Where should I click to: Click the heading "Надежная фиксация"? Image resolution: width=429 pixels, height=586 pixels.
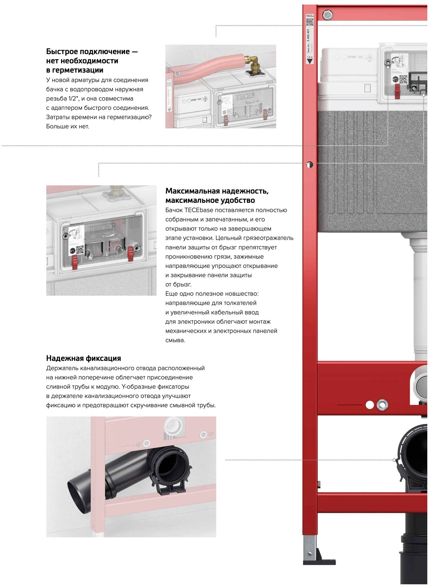click(x=84, y=358)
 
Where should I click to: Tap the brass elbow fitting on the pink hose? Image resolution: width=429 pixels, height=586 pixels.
click(x=251, y=62)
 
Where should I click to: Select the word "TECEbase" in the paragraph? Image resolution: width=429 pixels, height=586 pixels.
click(x=199, y=210)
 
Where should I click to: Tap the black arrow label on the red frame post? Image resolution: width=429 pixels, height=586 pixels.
click(x=309, y=61)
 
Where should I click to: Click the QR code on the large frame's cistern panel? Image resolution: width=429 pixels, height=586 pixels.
click(x=403, y=79)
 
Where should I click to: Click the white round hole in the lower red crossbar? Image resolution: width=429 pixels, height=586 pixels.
click(x=370, y=405)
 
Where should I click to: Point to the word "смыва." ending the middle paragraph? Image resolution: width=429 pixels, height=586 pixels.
click(x=175, y=340)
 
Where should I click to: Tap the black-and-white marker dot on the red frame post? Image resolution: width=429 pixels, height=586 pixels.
click(x=310, y=164)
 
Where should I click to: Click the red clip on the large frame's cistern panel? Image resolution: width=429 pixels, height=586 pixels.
click(x=397, y=91)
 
